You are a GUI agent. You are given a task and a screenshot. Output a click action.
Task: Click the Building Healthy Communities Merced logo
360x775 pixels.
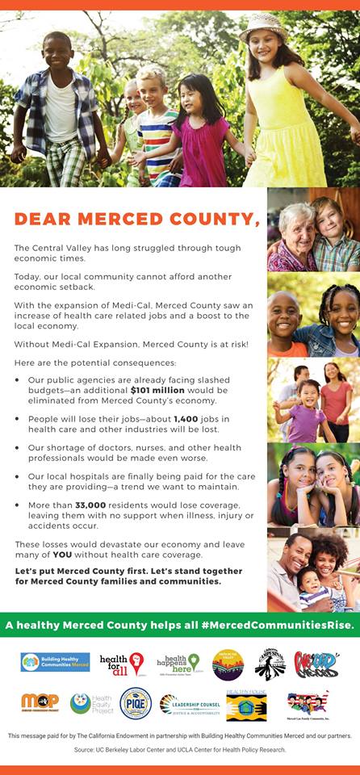pyautogui.click(x=55, y=663)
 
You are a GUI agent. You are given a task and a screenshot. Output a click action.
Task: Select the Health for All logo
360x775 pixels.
pyautogui.click(x=122, y=664)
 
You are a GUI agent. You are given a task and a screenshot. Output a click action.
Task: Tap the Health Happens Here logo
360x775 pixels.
pyautogui.click(x=178, y=664)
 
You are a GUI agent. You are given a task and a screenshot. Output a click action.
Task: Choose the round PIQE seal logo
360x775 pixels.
pyautogui.click(x=136, y=703)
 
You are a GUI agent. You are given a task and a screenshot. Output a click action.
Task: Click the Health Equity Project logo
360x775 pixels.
pyautogui.click(x=90, y=703)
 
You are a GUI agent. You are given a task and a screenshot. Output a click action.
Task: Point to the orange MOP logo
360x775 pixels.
pyautogui.click(x=40, y=702)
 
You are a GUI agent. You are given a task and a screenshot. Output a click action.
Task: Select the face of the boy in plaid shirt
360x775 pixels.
pyautogui.click(x=59, y=53)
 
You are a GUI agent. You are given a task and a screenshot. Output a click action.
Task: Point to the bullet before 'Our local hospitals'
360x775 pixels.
pyautogui.click(x=18, y=476)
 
